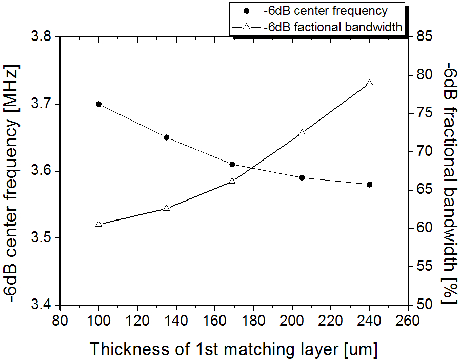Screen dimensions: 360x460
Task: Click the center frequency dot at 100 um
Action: tap(99, 104)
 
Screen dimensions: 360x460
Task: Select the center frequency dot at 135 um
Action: tap(166, 137)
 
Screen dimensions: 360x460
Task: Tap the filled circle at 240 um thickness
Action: tap(369, 184)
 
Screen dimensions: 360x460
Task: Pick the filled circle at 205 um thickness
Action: tap(302, 177)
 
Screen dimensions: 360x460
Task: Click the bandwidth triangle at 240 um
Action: tap(369, 83)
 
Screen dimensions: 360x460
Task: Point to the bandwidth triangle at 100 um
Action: tap(99, 224)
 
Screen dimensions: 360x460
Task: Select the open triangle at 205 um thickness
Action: tap(302, 132)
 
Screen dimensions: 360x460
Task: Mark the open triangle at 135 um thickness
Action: tap(166, 208)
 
